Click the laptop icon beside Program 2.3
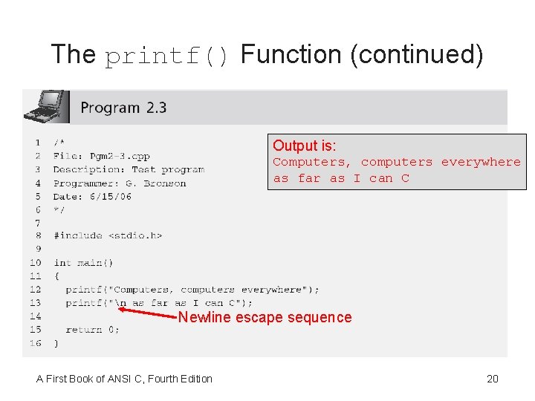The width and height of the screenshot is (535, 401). (x=45, y=106)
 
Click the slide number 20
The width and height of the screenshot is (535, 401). (x=492, y=379)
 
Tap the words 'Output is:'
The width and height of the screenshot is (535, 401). (x=305, y=146)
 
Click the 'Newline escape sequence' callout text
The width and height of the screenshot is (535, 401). (x=265, y=318)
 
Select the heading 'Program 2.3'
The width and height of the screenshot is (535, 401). (x=123, y=108)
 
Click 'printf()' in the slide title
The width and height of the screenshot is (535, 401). (x=169, y=56)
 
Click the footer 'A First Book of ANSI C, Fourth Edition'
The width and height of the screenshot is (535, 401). (x=124, y=379)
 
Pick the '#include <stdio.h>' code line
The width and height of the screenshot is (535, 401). (x=108, y=235)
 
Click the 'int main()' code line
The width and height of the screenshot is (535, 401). (x=83, y=262)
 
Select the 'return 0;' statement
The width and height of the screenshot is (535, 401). (x=92, y=330)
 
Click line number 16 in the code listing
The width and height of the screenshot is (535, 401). (x=36, y=343)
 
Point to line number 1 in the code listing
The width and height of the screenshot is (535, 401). (x=37, y=142)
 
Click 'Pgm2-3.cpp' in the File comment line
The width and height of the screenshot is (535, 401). (x=119, y=156)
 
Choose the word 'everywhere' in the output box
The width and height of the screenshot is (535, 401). (x=481, y=162)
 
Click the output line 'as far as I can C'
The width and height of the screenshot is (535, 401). (x=341, y=178)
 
